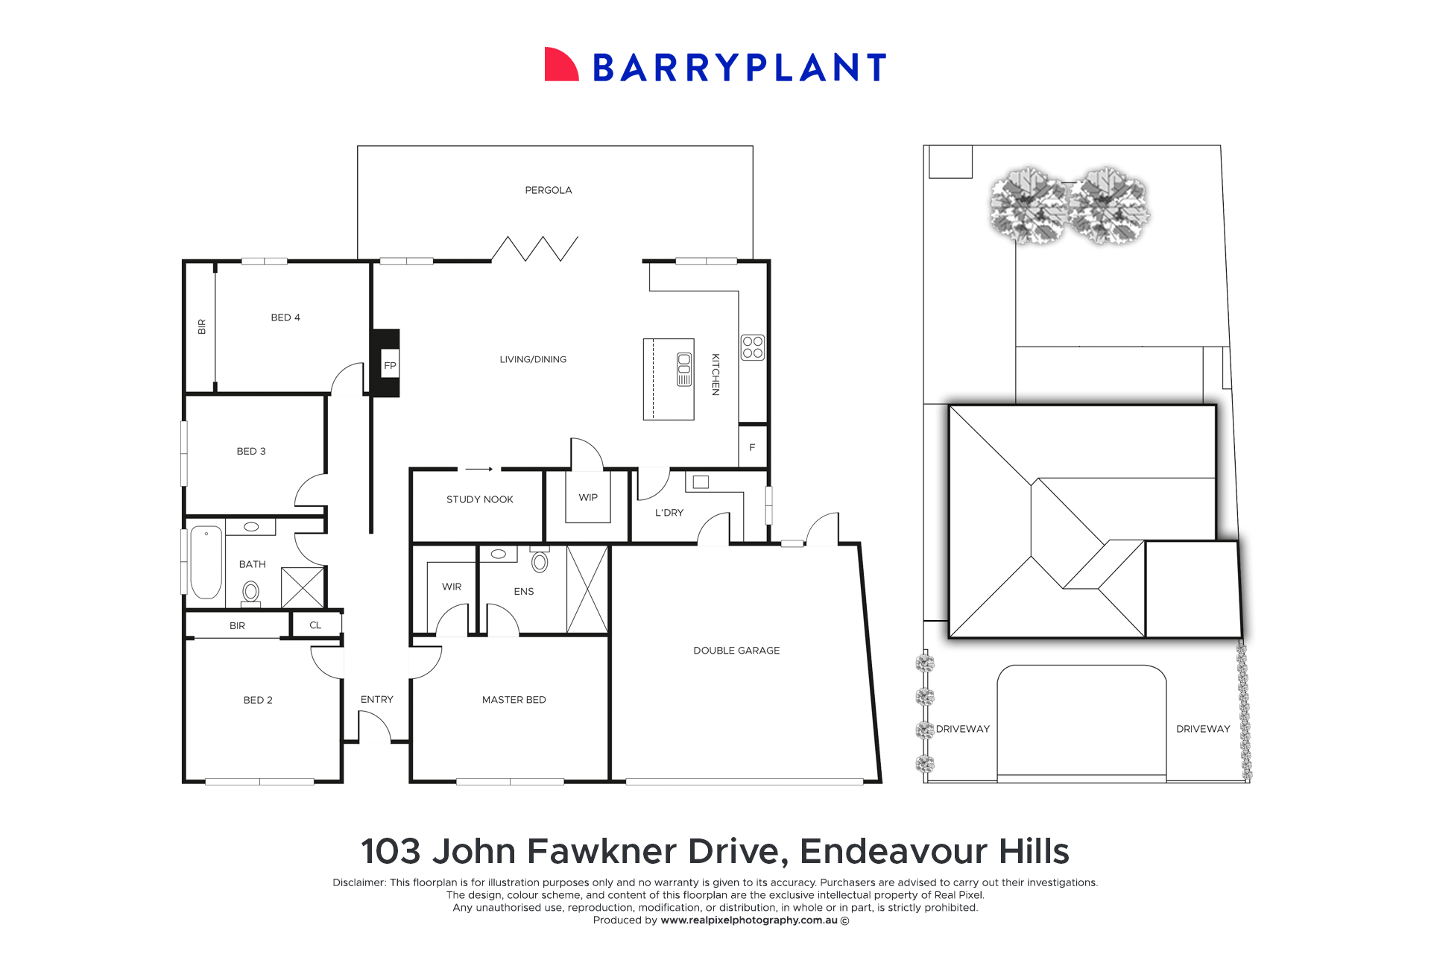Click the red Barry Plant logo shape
pyautogui.click(x=560, y=65)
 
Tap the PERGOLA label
pyautogui.click(x=548, y=190)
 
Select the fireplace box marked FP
pyautogui.click(x=389, y=364)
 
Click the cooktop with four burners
pyautogui.click(x=752, y=347)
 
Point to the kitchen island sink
pyautogui.click(x=683, y=369)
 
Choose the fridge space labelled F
pyautogui.click(x=752, y=447)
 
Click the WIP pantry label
pyautogui.click(x=588, y=497)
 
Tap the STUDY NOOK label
pyautogui.click(x=479, y=499)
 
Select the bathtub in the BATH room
pyautogui.click(x=206, y=562)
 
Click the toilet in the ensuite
pyautogui.click(x=540, y=560)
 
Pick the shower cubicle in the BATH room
pyautogui.click(x=303, y=587)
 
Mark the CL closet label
pyautogui.click(x=315, y=625)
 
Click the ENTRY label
pyautogui.click(x=376, y=699)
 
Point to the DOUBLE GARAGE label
pyautogui.click(x=736, y=651)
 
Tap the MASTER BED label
pyautogui.click(x=514, y=700)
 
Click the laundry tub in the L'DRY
pyautogui.click(x=701, y=482)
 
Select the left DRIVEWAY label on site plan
pyautogui.click(x=962, y=729)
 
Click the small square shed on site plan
pyautogui.click(x=950, y=162)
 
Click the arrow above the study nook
pyautogui.click(x=479, y=469)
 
